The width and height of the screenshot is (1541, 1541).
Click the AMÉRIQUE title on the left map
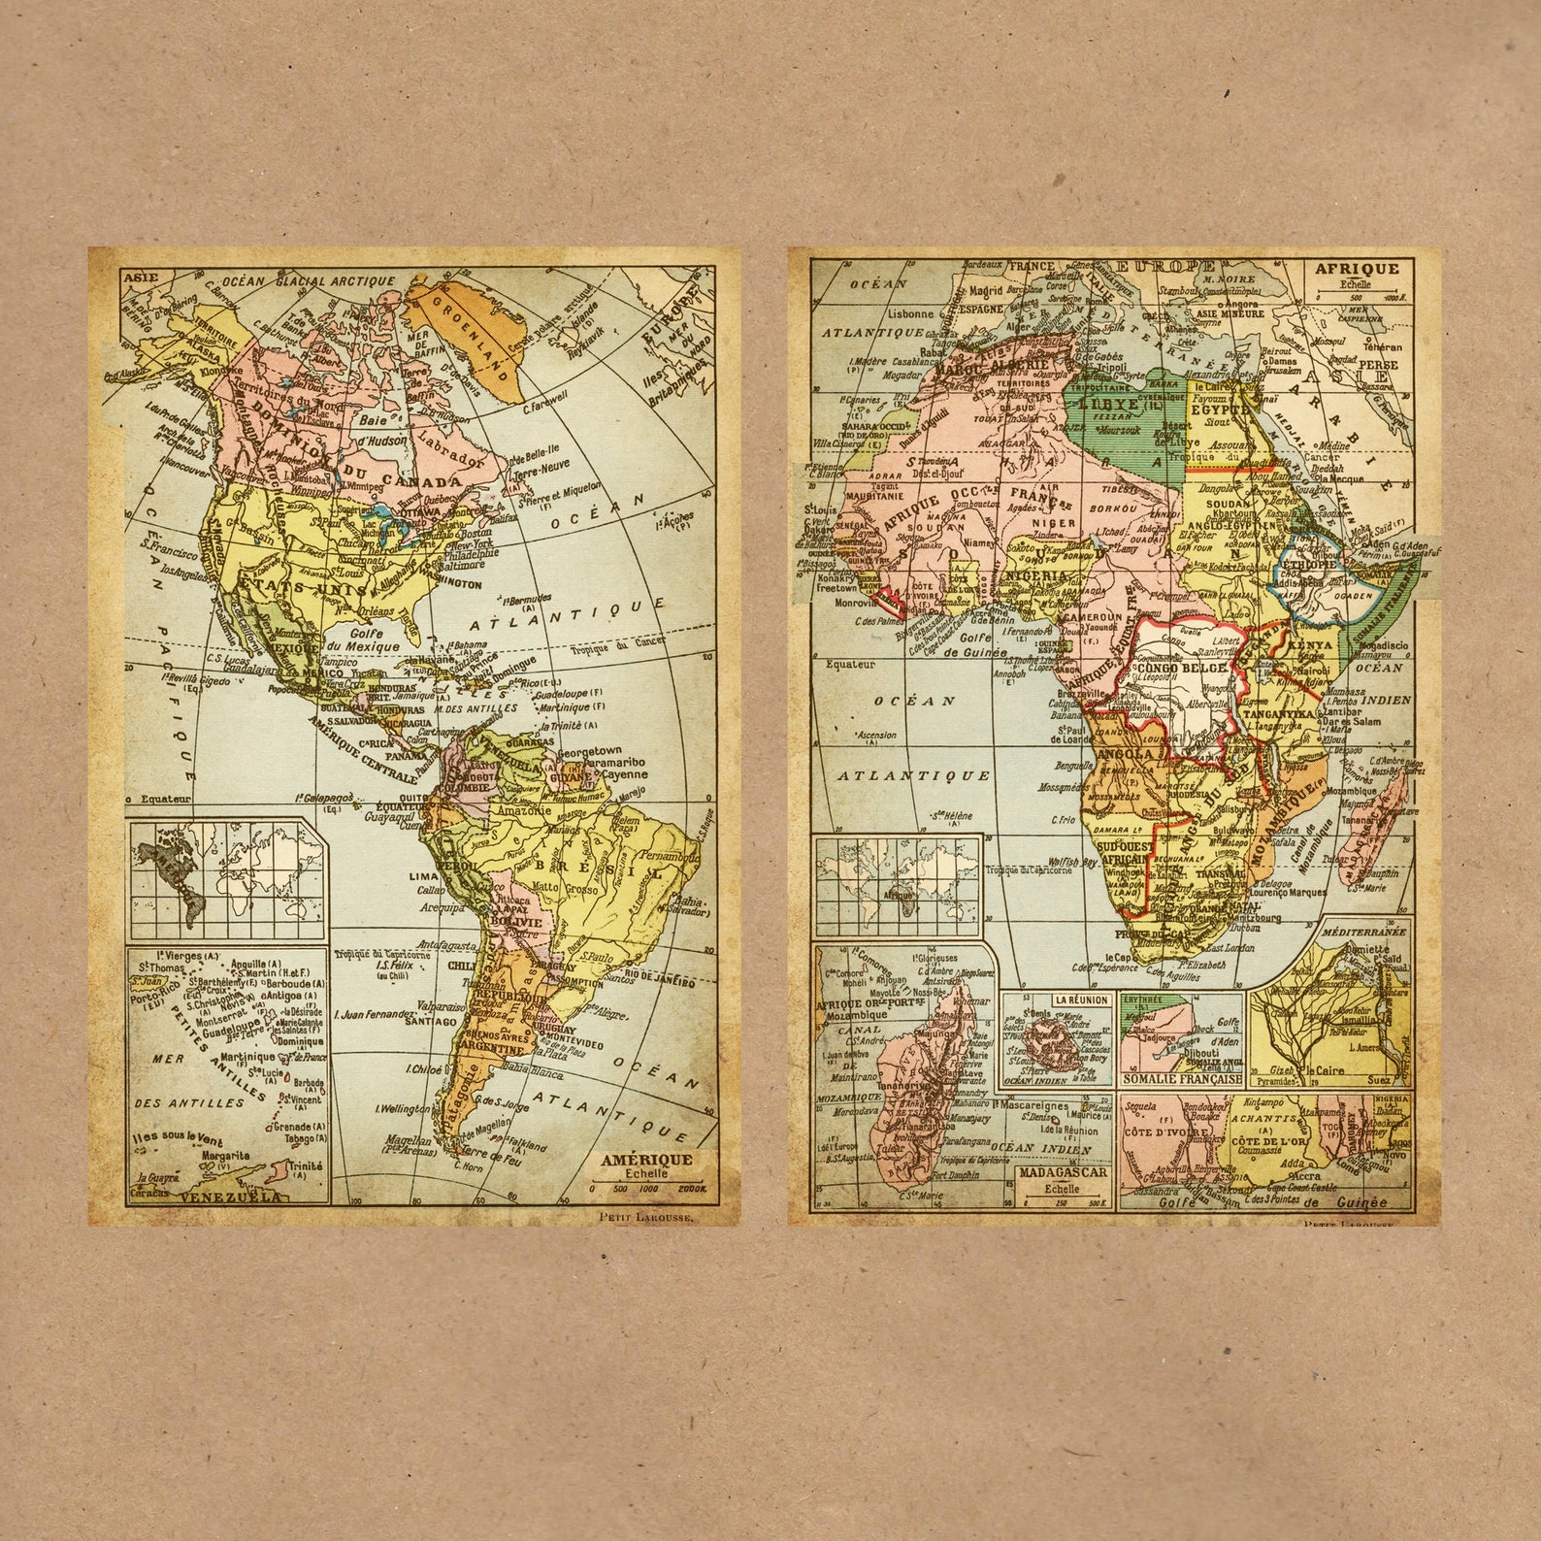tap(646, 1160)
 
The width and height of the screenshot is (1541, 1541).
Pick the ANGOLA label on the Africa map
tap(1126, 754)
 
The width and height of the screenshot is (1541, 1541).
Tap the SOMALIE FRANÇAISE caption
tap(1181, 1078)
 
